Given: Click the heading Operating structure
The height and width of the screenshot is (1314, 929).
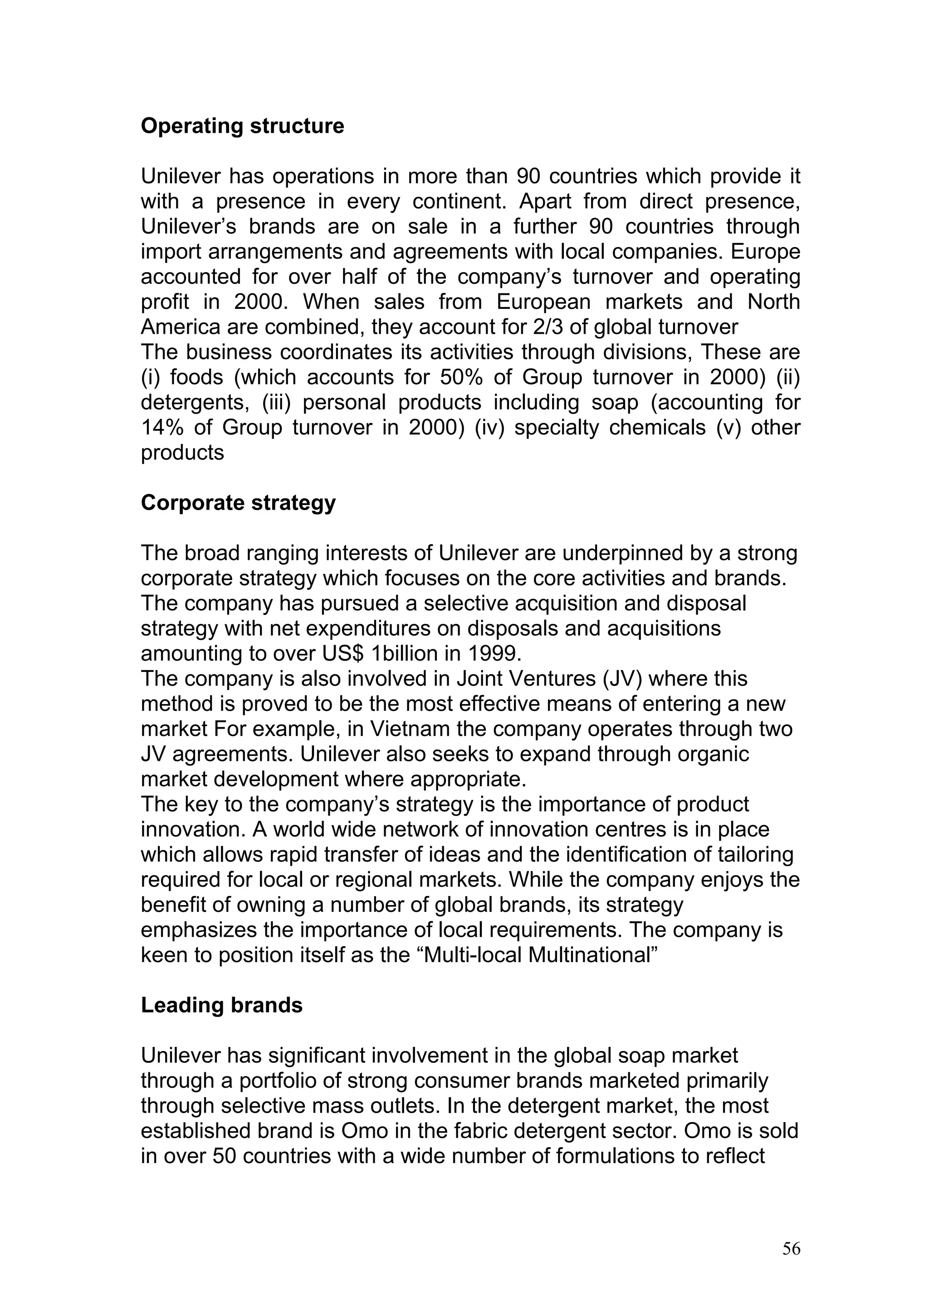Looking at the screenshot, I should (x=242, y=127).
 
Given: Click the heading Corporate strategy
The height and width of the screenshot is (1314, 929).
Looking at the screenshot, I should (x=238, y=503).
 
